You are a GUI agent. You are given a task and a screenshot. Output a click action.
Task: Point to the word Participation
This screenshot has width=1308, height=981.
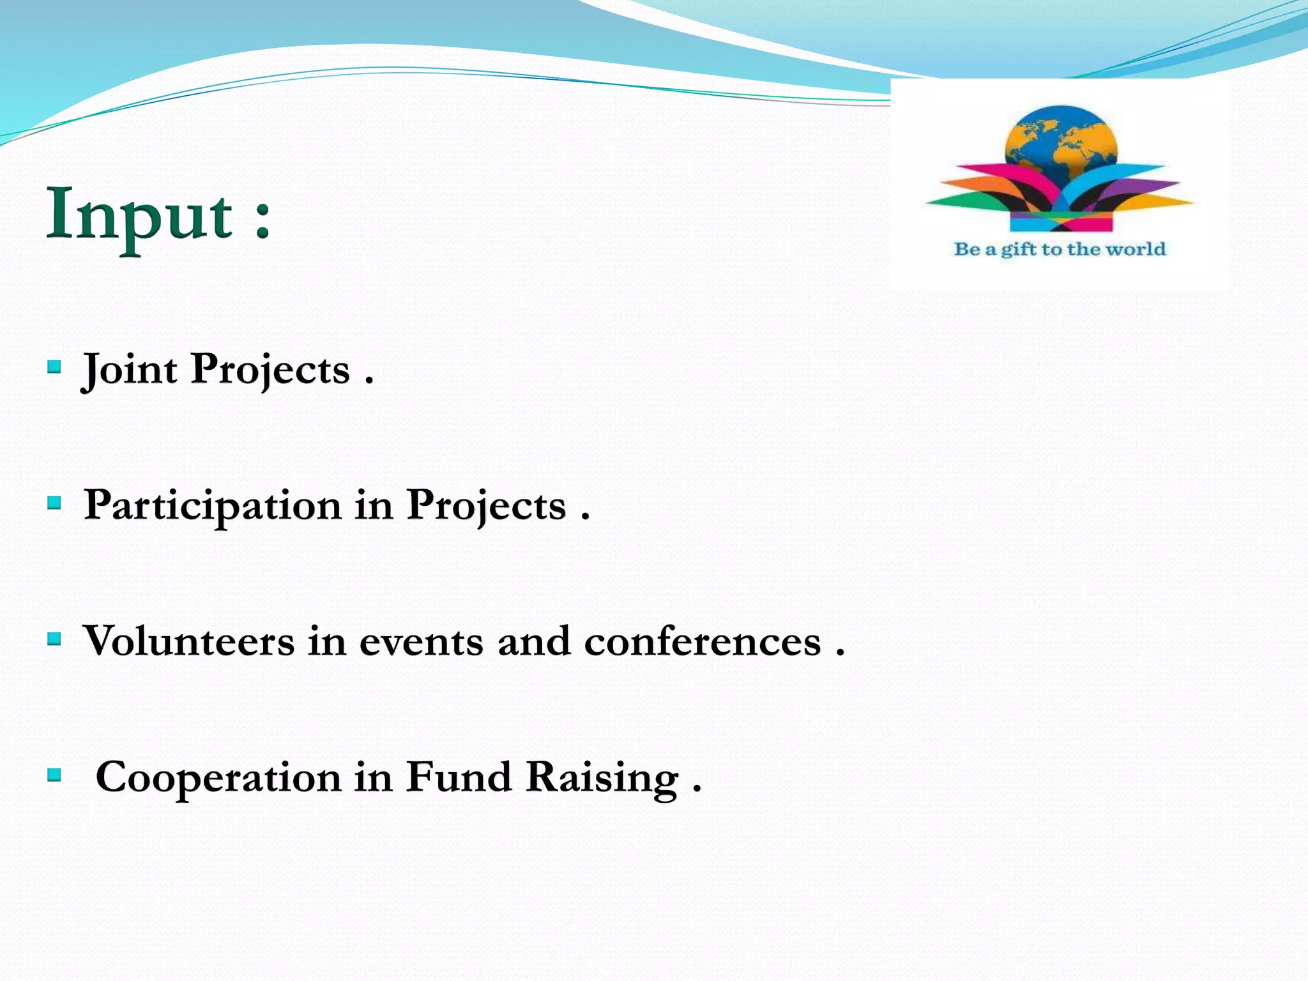pos(213,506)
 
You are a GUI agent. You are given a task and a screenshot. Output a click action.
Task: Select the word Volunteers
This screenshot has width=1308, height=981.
pos(189,641)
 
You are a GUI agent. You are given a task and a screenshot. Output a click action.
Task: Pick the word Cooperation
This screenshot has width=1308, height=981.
pos(218,778)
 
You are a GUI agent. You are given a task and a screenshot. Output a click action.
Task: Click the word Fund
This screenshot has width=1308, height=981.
pos(459,777)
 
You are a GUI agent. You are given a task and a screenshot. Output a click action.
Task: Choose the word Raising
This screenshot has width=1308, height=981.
pos(602,779)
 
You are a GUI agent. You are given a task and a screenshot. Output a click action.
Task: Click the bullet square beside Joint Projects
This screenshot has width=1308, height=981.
pos(55,367)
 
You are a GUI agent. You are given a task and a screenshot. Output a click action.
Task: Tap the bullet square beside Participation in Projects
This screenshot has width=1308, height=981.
pos(55,503)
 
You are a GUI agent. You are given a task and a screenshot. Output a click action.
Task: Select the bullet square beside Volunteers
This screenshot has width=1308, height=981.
pos(55,639)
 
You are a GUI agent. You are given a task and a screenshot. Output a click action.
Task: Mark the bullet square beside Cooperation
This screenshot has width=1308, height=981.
pos(55,775)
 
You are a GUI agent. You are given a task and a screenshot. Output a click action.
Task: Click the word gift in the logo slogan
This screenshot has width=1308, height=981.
pos(1019,250)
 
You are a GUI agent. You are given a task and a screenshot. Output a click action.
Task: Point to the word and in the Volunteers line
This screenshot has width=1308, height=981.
pos(534,642)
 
